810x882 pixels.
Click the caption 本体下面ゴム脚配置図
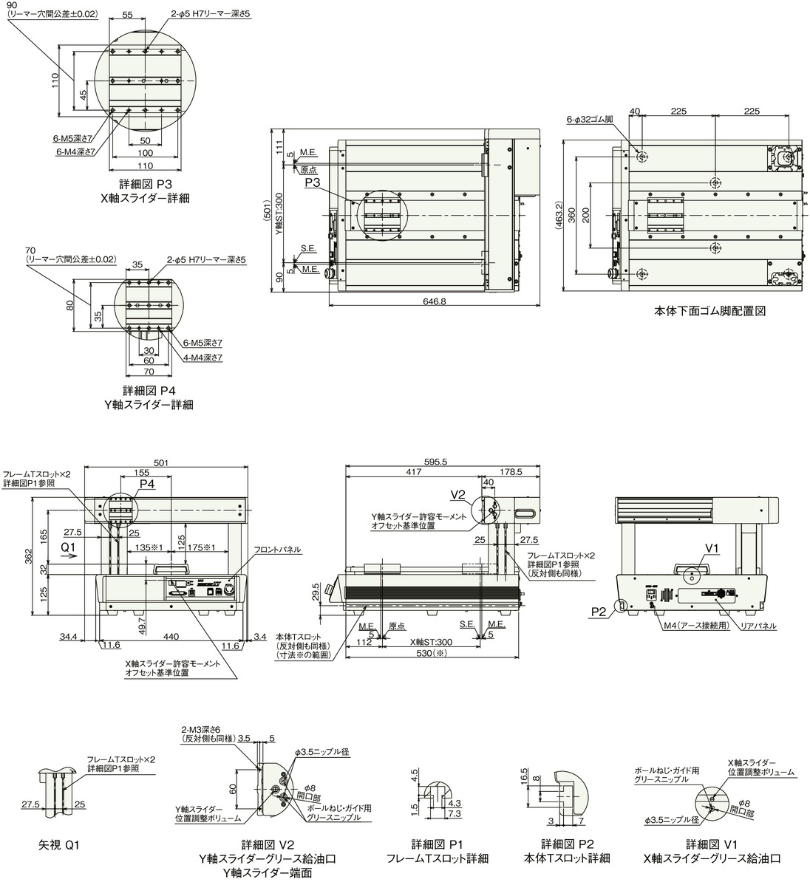(710, 311)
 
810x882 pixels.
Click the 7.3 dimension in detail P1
(455, 813)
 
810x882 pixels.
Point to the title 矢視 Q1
(58, 844)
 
